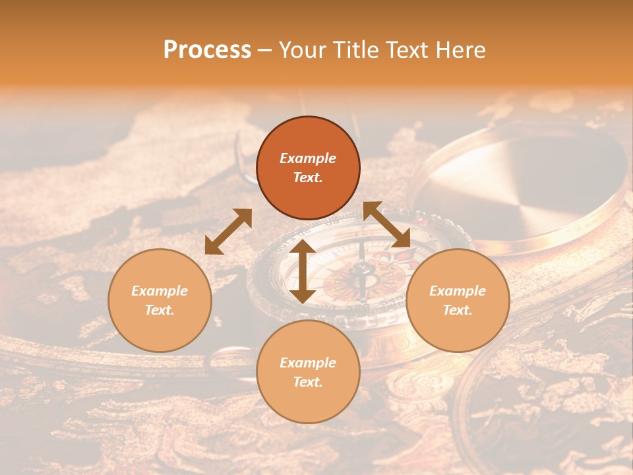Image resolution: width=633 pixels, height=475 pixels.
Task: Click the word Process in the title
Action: pos(207,50)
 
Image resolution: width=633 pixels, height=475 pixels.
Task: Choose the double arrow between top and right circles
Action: pos(386,224)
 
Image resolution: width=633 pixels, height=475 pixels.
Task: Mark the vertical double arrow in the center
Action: pos(303,271)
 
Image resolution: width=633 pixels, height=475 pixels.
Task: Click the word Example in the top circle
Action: pos(308,158)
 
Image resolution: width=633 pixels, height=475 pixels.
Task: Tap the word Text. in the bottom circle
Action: pos(308,382)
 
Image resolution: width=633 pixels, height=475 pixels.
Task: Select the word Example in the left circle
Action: pos(160,291)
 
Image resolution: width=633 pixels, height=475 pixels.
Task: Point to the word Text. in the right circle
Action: pos(458,310)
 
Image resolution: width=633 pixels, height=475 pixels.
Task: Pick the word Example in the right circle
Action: pos(458,291)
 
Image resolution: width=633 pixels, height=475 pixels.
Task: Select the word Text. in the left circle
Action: pos(160,310)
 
